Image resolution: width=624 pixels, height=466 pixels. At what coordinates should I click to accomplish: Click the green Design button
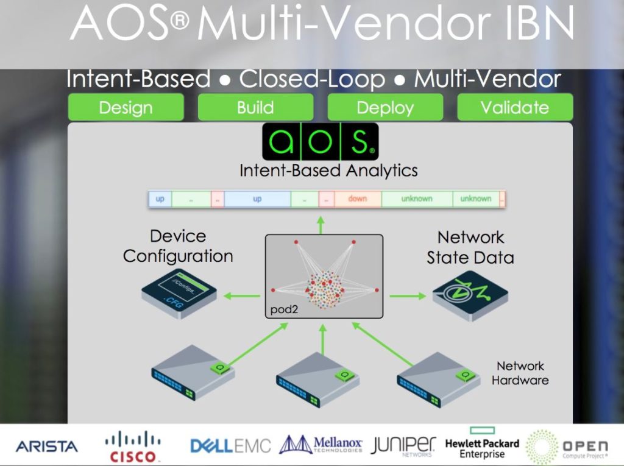pyautogui.click(x=126, y=108)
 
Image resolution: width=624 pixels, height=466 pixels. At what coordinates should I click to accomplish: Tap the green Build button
pyautogui.click(x=255, y=108)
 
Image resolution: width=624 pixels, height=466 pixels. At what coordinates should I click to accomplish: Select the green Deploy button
pyautogui.click(x=385, y=108)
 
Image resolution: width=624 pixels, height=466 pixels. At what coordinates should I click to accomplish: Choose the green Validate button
pyautogui.click(x=515, y=108)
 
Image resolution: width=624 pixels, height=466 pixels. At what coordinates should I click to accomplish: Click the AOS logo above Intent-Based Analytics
pyautogui.click(x=320, y=141)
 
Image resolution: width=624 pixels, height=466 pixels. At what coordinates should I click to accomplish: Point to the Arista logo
pyautogui.click(x=47, y=447)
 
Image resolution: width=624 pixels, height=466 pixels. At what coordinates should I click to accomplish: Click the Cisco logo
pyautogui.click(x=132, y=447)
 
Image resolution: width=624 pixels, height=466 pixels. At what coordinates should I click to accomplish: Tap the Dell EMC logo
pyautogui.click(x=230, y=446)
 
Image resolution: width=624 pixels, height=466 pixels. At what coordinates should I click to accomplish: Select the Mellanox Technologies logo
pyautogui.click(x=321, y=445)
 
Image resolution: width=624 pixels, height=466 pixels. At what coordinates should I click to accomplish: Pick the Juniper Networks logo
pyautogui.click(x=403, y=445)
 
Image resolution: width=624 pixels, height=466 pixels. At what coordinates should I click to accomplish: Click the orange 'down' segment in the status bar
pyautogui.click(x=357, y=199)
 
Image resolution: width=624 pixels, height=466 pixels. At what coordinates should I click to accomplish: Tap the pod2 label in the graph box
pyautogui.click(x=282, y=310)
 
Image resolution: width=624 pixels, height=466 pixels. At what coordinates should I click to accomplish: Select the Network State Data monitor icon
pyautogui.click(x=470, y=294)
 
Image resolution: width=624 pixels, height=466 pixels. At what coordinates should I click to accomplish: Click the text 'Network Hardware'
pyautogui.click(x=520, y=373)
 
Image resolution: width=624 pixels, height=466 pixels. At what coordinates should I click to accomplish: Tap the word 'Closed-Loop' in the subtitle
pyautogui.click(x=312, y=80)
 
